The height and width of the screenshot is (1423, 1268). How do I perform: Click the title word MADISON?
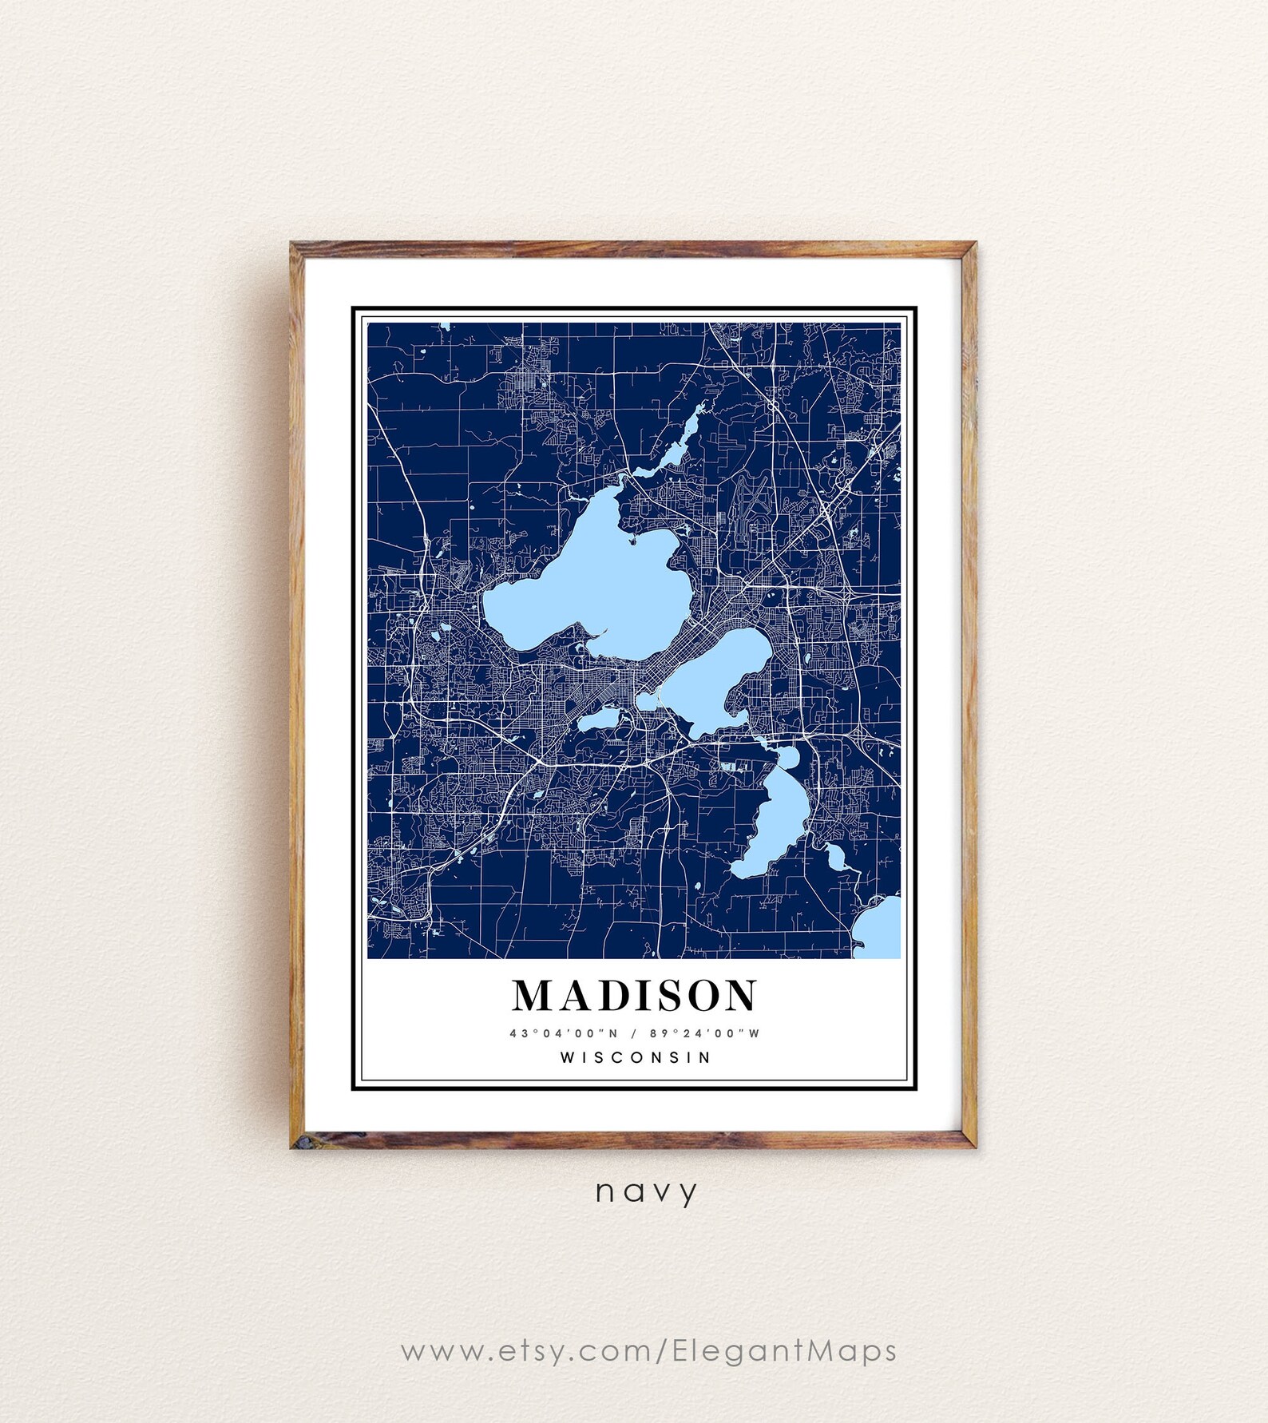(635, 996)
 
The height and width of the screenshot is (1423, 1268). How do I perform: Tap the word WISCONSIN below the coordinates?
(635, 1057)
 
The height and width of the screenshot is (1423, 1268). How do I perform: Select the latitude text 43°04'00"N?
(565, 1033)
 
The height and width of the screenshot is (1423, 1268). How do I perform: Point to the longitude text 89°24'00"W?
(704, 1033)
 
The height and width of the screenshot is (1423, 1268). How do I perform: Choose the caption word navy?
(647, 1192)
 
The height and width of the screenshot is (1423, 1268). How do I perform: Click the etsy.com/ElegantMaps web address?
(648, 1351)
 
